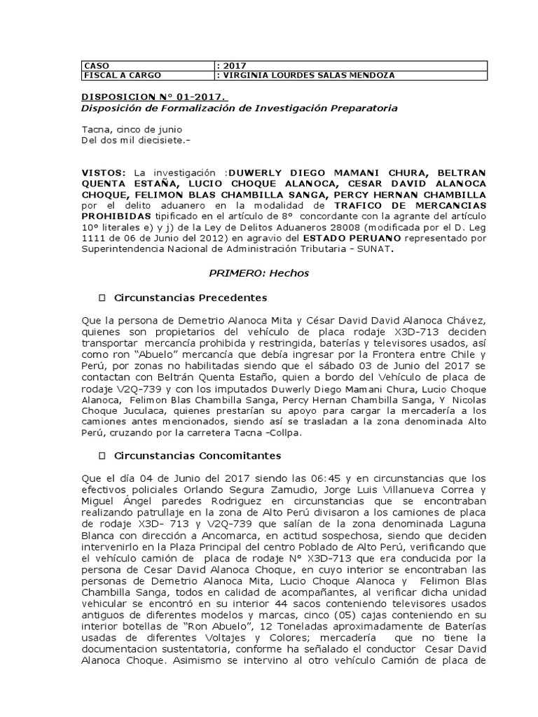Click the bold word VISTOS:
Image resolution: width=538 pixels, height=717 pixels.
tap(104, 172)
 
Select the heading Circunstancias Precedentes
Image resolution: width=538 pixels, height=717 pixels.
tap(181, 297)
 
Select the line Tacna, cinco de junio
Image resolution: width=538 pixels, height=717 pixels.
tap(132, 130)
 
